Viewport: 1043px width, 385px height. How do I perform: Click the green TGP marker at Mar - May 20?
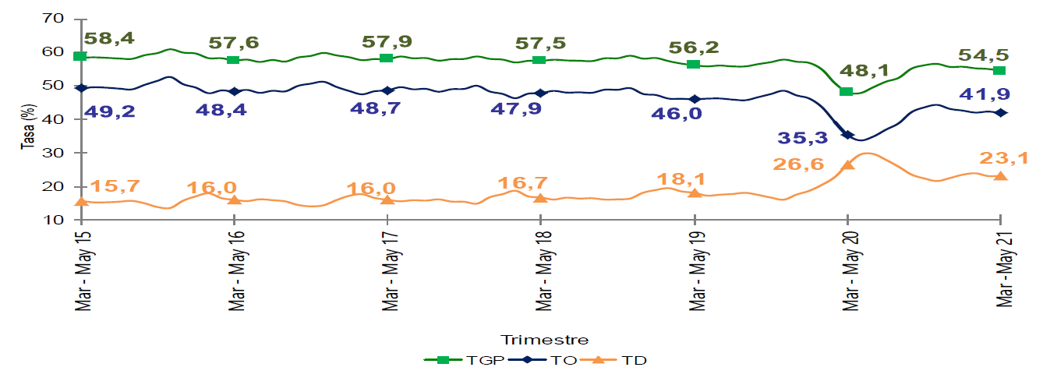pos(846,91)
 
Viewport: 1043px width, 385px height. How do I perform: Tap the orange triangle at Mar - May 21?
pos(1000,176)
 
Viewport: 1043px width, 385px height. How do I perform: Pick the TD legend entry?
pos(626,360)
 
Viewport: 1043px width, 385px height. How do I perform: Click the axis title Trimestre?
pos(544,340)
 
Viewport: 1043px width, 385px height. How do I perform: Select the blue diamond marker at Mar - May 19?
pos(695,99)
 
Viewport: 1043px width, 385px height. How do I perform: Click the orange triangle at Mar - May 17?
pos(387,200)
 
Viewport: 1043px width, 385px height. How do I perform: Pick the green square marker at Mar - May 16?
pos(233,60)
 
